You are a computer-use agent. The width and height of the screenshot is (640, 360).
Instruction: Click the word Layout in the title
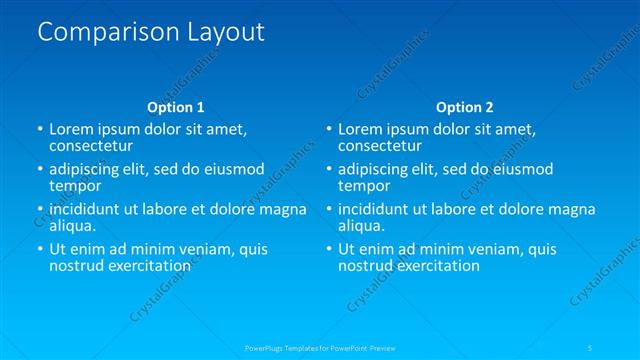[x=226, y=32]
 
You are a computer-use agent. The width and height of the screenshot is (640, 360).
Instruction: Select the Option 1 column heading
[x=176, y=107]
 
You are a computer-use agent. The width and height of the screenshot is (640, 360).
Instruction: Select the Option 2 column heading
[x=464, y=107]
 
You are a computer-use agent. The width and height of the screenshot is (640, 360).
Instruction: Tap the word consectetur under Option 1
[x=92, y=146]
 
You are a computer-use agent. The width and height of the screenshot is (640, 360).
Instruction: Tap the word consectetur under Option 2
[x=380, y=146]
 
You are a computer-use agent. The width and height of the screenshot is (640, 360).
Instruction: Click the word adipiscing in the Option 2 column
[x=376, y=169]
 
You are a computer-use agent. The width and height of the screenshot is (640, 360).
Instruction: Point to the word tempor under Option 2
[x=363, y=185]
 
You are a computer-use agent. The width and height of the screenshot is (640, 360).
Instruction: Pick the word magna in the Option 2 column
[x=572, y=209]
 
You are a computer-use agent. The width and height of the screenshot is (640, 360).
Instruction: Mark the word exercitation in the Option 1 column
[x=150, y=266]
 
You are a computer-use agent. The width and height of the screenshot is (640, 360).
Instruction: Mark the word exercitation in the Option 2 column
[x=438, y=266]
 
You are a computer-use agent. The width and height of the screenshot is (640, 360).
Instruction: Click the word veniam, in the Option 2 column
[x=492, y=249]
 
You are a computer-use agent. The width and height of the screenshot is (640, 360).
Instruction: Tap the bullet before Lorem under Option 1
[x=39, y=130]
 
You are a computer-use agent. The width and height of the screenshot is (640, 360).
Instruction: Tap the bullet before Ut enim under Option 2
[x=327, y=249]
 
